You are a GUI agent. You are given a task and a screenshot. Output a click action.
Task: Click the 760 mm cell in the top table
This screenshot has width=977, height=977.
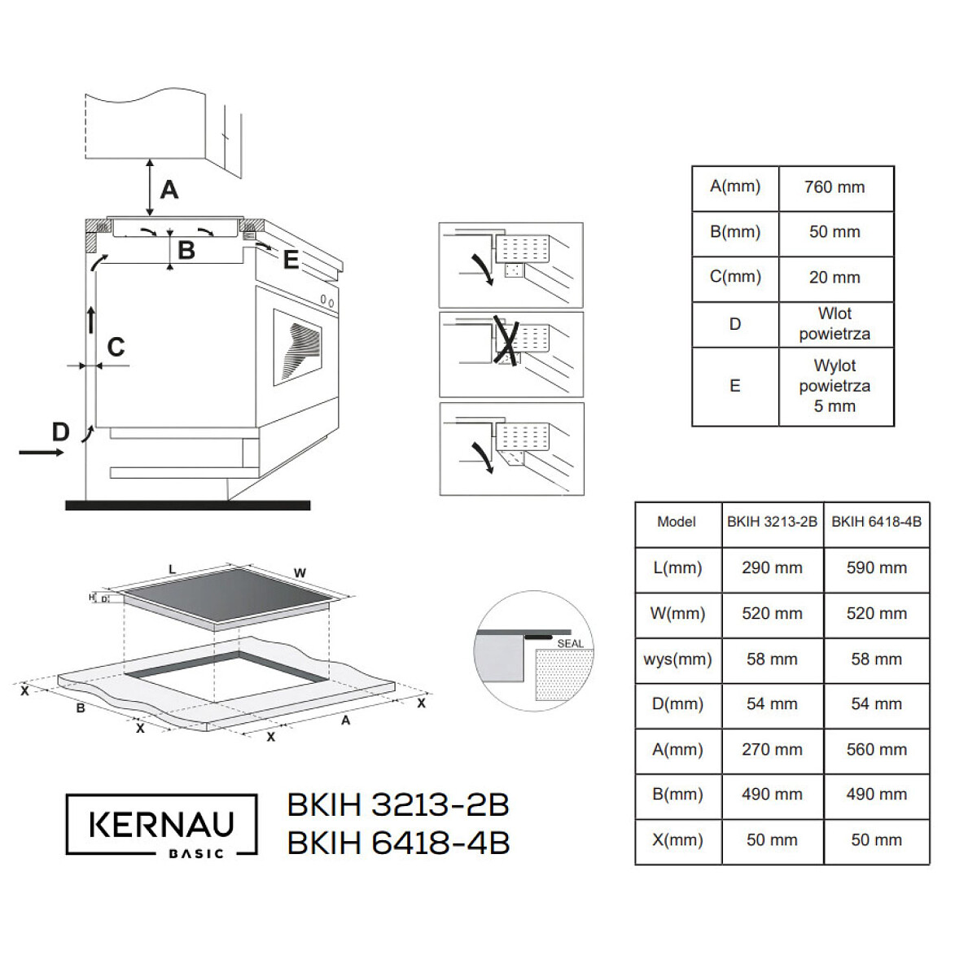coord(835,187)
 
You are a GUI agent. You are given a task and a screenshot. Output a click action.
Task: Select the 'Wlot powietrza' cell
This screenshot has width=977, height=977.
coord(835,324)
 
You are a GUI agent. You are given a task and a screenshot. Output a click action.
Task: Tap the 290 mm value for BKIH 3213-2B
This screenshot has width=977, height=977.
coord(772,567)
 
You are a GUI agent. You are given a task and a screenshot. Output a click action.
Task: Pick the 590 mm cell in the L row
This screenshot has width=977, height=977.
coord(876,567)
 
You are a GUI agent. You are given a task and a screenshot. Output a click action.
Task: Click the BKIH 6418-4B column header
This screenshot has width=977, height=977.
coord(876,521)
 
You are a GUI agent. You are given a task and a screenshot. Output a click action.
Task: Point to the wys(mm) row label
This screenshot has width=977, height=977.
coord(677,659)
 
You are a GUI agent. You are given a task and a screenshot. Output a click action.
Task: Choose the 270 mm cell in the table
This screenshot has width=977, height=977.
coord(772,749)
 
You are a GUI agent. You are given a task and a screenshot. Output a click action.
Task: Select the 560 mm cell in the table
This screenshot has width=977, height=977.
coord(876,749)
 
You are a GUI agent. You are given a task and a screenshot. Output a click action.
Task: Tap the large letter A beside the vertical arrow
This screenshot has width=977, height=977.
coord(169,190)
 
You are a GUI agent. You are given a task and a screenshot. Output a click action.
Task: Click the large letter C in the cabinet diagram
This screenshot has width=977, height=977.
coord(116,348)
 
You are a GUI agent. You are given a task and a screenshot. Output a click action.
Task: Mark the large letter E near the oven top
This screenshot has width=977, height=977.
coord(291,260)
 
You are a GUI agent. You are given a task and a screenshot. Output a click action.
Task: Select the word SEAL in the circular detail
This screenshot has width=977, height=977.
coord(570,643)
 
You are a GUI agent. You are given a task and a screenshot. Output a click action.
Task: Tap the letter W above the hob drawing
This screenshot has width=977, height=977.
coord(300,573)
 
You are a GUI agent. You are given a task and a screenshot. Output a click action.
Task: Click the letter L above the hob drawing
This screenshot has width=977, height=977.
coord(172,568)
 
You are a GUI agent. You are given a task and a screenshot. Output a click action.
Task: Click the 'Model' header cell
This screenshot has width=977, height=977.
coord(677,521)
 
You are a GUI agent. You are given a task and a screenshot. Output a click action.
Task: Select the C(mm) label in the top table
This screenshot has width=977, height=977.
coord(734,277)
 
